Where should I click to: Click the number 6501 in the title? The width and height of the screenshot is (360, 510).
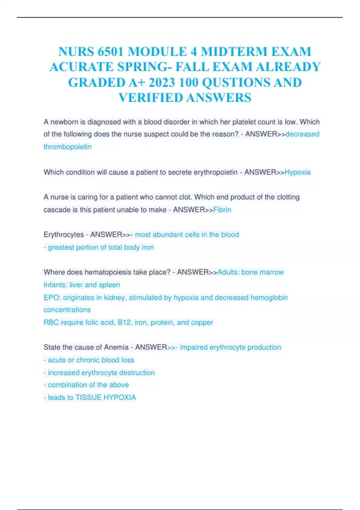pos(110,52)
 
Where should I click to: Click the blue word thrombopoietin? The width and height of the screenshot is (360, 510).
pos(67,147)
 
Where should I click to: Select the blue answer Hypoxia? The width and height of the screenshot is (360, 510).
pos(298,172)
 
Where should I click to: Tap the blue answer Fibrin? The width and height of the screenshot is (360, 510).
pos(222,210)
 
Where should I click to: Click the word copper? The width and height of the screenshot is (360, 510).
pos(202,322)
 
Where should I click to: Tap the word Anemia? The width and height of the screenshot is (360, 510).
pos(116,347)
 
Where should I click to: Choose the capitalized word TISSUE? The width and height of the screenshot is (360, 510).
pos(88,397)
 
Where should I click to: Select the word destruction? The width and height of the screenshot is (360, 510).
pos(137,373)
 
